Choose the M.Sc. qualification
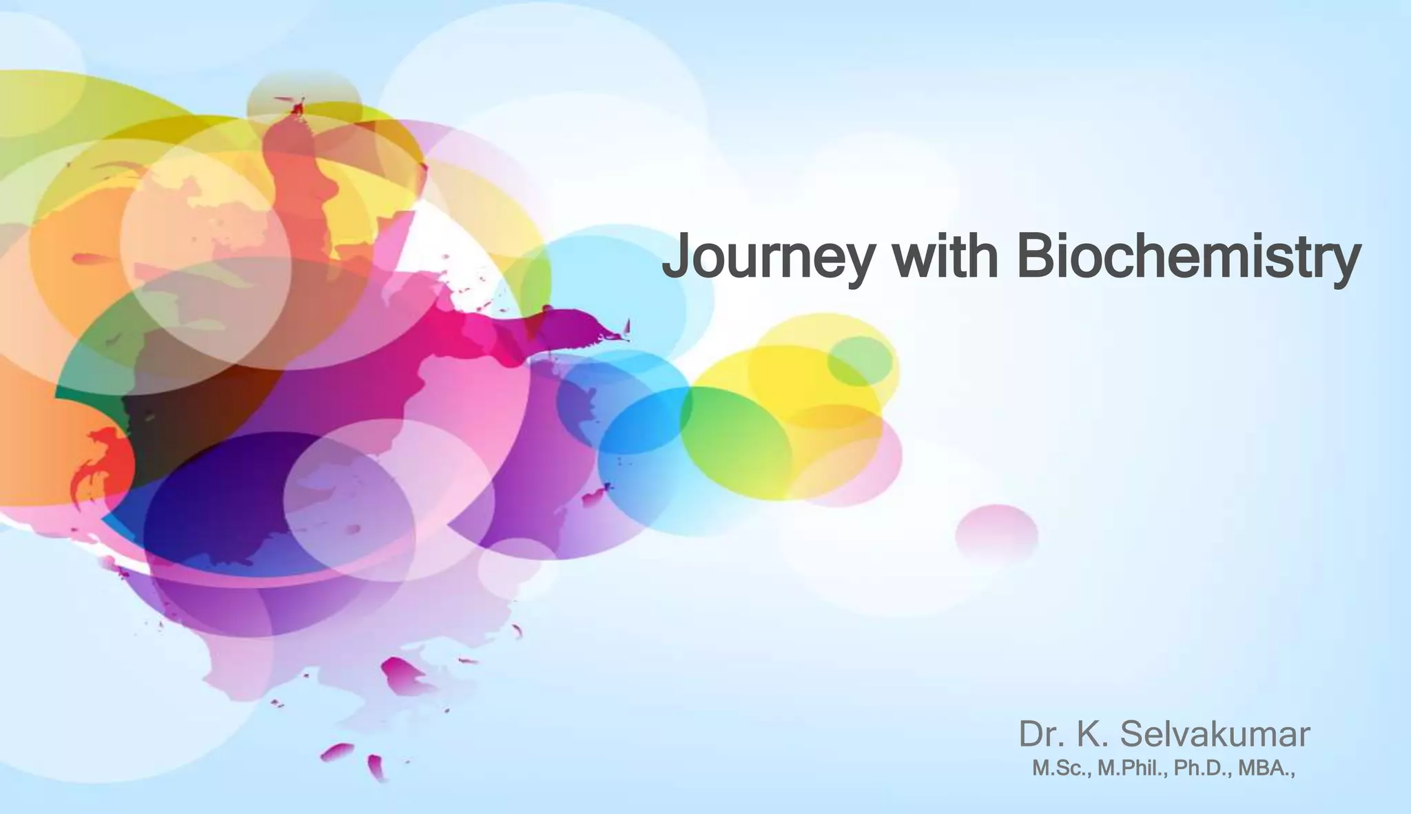(1061, 769)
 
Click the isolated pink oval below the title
(996, 534)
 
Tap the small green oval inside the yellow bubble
(859, 360)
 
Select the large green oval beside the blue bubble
(736, 441)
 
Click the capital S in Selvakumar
(1133, 735)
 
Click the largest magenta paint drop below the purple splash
(402, 674)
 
